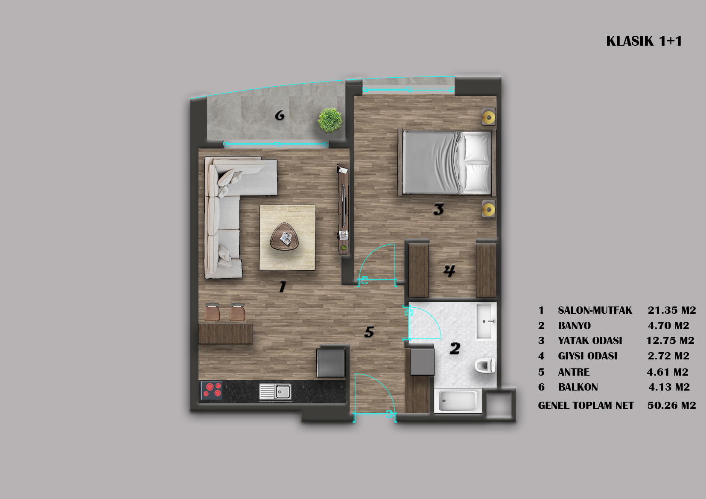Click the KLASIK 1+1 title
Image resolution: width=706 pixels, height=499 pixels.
coord(644,41)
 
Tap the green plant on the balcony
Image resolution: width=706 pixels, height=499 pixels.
coord(330,120)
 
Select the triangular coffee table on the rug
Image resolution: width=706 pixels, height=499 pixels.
coord(284,236)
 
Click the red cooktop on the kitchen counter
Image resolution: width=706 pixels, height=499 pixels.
coord(212,390)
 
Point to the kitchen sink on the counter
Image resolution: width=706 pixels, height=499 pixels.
coord(275,391)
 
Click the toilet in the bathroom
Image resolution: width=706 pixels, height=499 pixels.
coord(485,366)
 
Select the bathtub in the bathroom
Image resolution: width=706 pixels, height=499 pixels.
coord(458,401)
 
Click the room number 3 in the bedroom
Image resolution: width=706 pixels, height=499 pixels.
coord(439,209)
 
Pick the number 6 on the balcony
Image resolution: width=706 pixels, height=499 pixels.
coord(280,115)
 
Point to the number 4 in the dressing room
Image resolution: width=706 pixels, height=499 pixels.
coord(449,271)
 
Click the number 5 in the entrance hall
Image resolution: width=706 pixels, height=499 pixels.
coord(369,332)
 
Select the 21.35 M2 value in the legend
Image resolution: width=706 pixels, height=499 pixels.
coord(672,310)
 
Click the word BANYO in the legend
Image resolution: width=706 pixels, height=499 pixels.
coord(574,326)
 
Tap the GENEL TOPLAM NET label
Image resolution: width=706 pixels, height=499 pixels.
coord(586,406)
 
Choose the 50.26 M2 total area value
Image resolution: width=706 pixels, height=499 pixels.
coord(672,405)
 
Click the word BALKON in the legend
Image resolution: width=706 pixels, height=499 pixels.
coord(578,387)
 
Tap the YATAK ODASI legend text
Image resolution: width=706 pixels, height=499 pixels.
coord(590,341)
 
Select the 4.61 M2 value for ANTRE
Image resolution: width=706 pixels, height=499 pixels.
coord(668,372)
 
